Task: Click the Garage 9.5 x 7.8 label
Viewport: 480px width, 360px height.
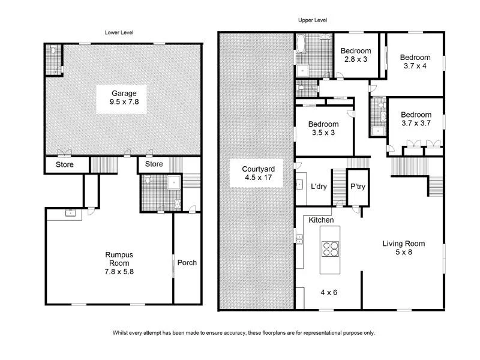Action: [123, 98]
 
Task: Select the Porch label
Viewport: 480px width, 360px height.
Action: [187, 263]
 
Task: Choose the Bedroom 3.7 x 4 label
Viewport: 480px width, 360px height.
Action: [415, 62]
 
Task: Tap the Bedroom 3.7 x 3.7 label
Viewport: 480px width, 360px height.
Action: [416, 119]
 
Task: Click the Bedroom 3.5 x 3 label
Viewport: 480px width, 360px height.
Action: [324, 128]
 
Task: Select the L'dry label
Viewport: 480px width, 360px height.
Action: [319, 187]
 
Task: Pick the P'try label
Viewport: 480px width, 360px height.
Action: [358, 187]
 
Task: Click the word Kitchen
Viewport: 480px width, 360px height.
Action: [321, 221]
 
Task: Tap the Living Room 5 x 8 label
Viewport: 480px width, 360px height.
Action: [404, 248]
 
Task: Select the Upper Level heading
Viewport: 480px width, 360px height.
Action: [313, 20]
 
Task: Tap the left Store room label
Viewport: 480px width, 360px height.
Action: [64, 164]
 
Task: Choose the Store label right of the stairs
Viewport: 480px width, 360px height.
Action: [154, 164]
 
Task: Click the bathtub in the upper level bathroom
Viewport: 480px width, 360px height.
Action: [301, 46]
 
